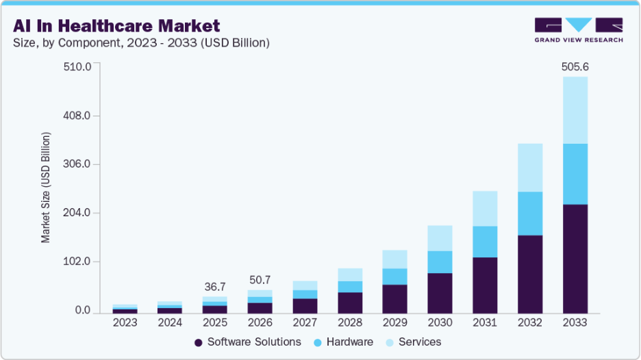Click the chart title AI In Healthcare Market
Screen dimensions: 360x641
(x=116, y=26)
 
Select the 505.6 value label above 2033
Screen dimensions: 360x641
(x=575, y=67)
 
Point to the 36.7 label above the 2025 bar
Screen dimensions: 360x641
(x=215, y=287)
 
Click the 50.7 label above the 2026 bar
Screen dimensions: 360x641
(x=260, y=280)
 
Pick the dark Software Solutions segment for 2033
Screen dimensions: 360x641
(x=575, y=258)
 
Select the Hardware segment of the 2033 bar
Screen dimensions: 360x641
(x=575, y=174)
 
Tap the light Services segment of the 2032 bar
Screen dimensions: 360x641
(x=530, y=168)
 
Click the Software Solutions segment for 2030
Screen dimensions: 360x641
(x=440, y=292)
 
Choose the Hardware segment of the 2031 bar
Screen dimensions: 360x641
(x=485, y=242)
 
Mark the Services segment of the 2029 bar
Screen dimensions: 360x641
(x=394, y=259)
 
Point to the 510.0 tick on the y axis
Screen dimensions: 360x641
(x=77, y=66)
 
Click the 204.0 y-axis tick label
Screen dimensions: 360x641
(x=77, y=213)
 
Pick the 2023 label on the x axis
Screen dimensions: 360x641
(x=125, y=322)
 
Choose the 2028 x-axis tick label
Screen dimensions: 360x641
(x=350, y=322)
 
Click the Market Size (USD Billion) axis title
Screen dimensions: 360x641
(x=46, y=189)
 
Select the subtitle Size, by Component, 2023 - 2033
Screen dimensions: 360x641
(x=141, y=43)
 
